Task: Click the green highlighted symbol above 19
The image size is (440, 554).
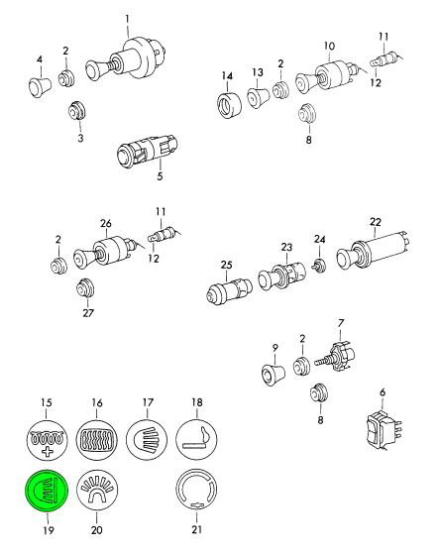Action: (x=46, y=490)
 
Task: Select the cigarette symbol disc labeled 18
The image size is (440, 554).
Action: (x=196, y=440)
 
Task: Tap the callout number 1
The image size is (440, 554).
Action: (x=127, y=19)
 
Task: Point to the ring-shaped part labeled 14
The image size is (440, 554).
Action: (x=229, y=105)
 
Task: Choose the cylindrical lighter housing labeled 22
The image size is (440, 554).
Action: (x=375, y=251)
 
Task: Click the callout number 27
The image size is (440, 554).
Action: (x=88, y=313)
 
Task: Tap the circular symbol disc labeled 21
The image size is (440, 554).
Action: (x=196, y=490)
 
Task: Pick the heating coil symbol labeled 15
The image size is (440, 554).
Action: (x=47, y=440)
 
